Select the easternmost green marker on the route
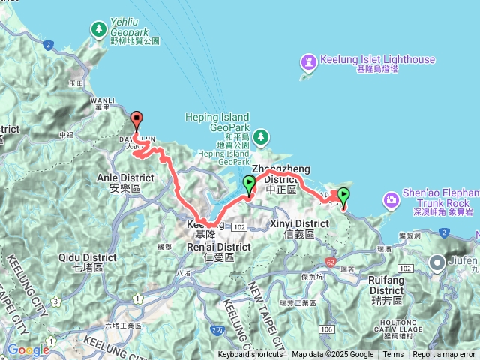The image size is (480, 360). tap(343, 196)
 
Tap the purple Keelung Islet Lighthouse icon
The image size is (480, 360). tap(308, 59)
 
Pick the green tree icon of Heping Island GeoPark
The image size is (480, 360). tap(260, 137)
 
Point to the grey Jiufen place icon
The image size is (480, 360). tap(438, 262)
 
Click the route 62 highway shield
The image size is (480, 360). tap(331, 262)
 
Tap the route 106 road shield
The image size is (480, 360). tap(323, 328)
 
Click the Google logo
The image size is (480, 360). tap(28, 349)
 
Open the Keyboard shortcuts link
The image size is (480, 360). tap(250, 355)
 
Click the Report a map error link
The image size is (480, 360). tap(445, 355)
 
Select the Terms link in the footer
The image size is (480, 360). tap(393, 355)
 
